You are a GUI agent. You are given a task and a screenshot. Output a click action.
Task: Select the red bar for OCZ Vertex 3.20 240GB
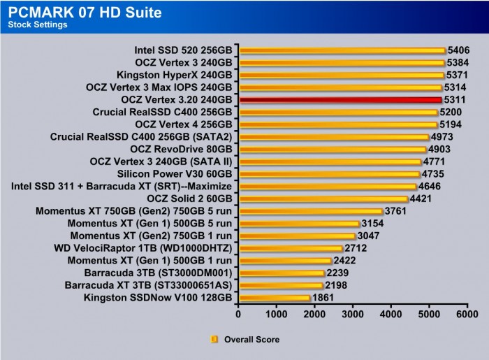[341, 100]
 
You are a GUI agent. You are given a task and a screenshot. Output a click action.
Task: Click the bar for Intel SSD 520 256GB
[342, 50]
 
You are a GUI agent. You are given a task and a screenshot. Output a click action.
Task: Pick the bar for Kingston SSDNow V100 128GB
[275, 298]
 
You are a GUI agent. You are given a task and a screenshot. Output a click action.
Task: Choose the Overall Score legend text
[251, 340]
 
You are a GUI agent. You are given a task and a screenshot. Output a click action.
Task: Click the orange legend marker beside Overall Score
[214, 340]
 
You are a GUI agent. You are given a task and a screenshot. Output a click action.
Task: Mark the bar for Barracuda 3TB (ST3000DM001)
[282, 273]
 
